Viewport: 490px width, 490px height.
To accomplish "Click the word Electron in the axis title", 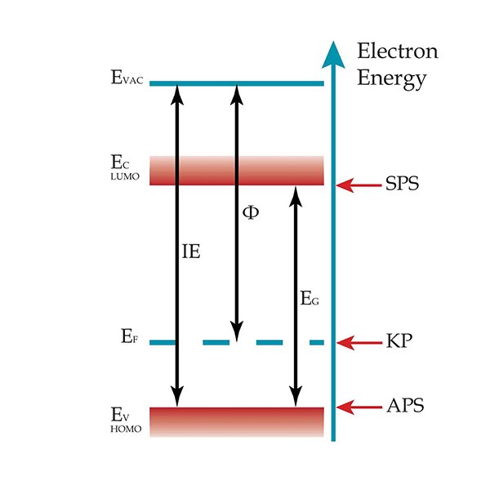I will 398,51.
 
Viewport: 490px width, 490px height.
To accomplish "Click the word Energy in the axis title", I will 393,79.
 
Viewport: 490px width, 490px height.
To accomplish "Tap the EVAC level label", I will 127,80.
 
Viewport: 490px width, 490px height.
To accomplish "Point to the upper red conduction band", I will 237,170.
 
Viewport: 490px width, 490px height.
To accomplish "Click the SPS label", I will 402,183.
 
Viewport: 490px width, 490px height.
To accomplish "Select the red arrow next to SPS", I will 359,184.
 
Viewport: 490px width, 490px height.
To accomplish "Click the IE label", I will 190,252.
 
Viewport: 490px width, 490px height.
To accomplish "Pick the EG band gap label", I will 309,301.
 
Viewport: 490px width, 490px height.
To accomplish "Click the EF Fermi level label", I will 125,336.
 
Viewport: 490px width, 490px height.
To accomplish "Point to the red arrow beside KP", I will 359,342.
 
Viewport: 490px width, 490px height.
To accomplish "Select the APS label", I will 404,406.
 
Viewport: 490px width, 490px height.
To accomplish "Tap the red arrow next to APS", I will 359,406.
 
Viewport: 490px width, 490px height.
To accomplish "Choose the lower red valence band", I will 237,421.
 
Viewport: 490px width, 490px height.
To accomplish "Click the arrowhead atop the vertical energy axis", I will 332,55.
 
